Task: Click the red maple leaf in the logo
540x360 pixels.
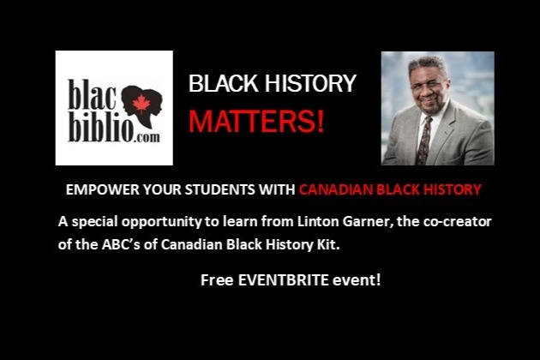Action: point(141,104)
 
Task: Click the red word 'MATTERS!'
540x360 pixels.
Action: point(256,121)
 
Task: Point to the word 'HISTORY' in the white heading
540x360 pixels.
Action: point(310,83)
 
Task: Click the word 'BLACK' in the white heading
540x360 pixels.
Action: point(224,83)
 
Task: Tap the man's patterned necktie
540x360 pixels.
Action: point(424,141)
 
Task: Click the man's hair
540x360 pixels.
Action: point(428,63)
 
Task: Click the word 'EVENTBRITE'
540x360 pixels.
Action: point(284,280)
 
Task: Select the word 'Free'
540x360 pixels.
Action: point(217,280)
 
